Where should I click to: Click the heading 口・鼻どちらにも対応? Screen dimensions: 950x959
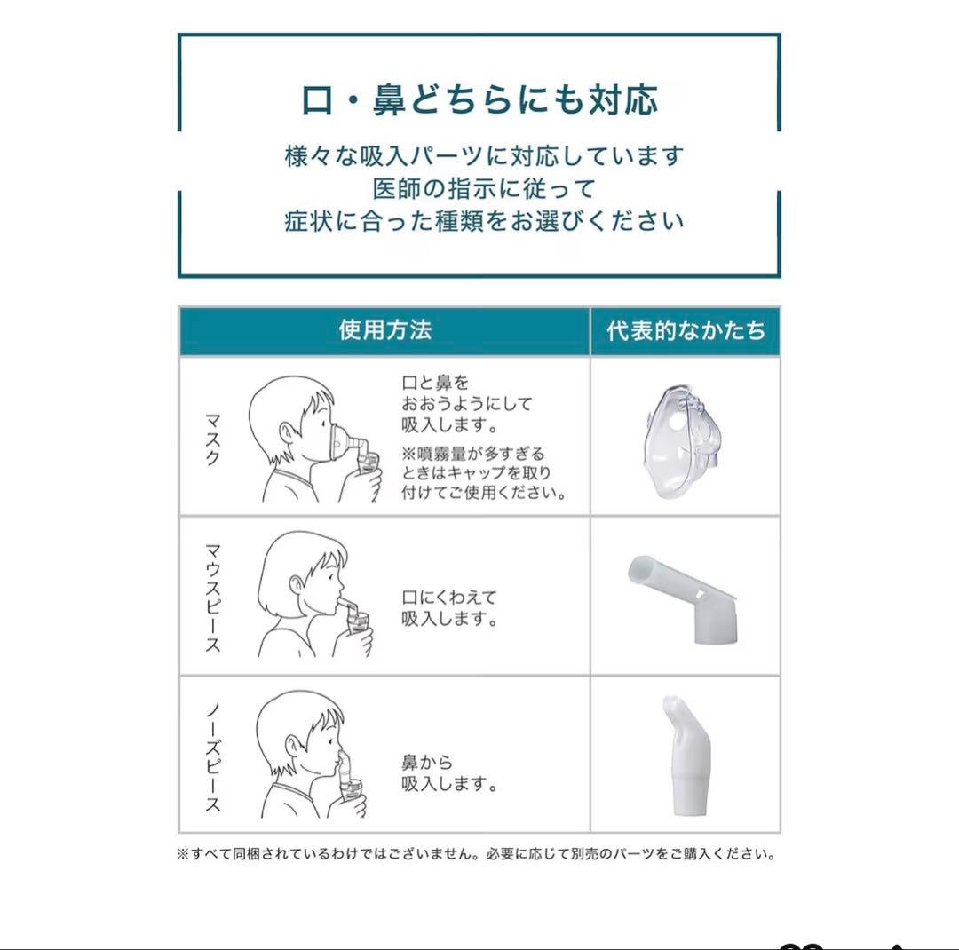[479, 100]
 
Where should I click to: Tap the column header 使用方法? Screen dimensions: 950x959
[384, 330]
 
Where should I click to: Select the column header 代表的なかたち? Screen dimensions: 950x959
[686, 331]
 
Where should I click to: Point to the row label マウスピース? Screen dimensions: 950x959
[213, 598]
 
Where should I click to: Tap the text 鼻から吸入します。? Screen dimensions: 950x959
[448, 773]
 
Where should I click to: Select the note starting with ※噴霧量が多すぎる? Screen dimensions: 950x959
[483, 473]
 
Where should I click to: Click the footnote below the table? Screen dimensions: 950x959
[478, 854]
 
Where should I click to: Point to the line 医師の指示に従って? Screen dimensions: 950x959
[484, 188]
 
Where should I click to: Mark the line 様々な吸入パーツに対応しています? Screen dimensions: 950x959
[484, 156]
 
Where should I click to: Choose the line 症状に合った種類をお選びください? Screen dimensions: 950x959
[484, 220]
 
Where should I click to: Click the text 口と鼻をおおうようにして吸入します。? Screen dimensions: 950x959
[466, 403]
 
